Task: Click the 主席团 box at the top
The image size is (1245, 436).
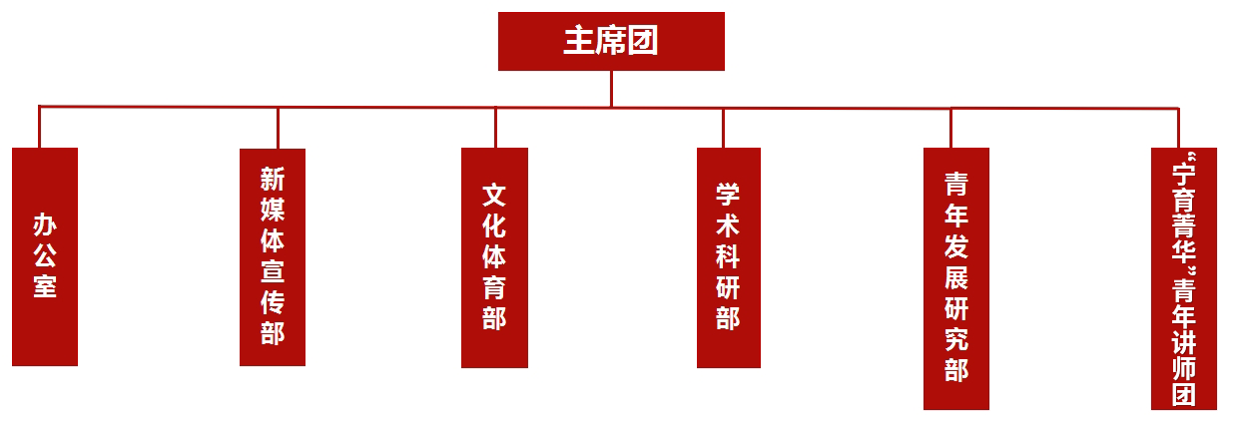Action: point(611,41)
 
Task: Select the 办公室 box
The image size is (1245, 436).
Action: point(45,256)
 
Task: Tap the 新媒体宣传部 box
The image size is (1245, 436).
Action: point(273,257)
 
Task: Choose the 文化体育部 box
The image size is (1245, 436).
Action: point(494,257)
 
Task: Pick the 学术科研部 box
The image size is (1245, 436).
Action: point(729,257)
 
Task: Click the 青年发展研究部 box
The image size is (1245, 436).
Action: point(956,278)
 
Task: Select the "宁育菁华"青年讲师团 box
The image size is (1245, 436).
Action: point(1184,278)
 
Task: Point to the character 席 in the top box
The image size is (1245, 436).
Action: point(611,41)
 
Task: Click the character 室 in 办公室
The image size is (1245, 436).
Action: point(45,286)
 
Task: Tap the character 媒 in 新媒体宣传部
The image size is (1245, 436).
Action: point(273,210)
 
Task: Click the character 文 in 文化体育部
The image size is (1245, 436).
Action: point(494,196)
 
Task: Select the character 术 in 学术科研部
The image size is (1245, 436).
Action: point(728,226)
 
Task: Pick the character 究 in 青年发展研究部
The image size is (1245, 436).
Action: point(956,339)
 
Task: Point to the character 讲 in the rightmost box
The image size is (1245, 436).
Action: point(1184,342)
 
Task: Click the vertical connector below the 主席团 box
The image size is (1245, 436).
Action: point(611,89)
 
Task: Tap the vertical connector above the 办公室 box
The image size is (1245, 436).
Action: point(40,127)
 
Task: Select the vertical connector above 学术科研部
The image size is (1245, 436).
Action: point(723,128)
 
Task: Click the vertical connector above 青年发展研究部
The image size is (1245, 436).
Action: point(951,129)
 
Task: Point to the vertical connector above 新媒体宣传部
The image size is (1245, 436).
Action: point(278,128)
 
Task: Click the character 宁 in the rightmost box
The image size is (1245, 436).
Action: point(1184,174)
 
